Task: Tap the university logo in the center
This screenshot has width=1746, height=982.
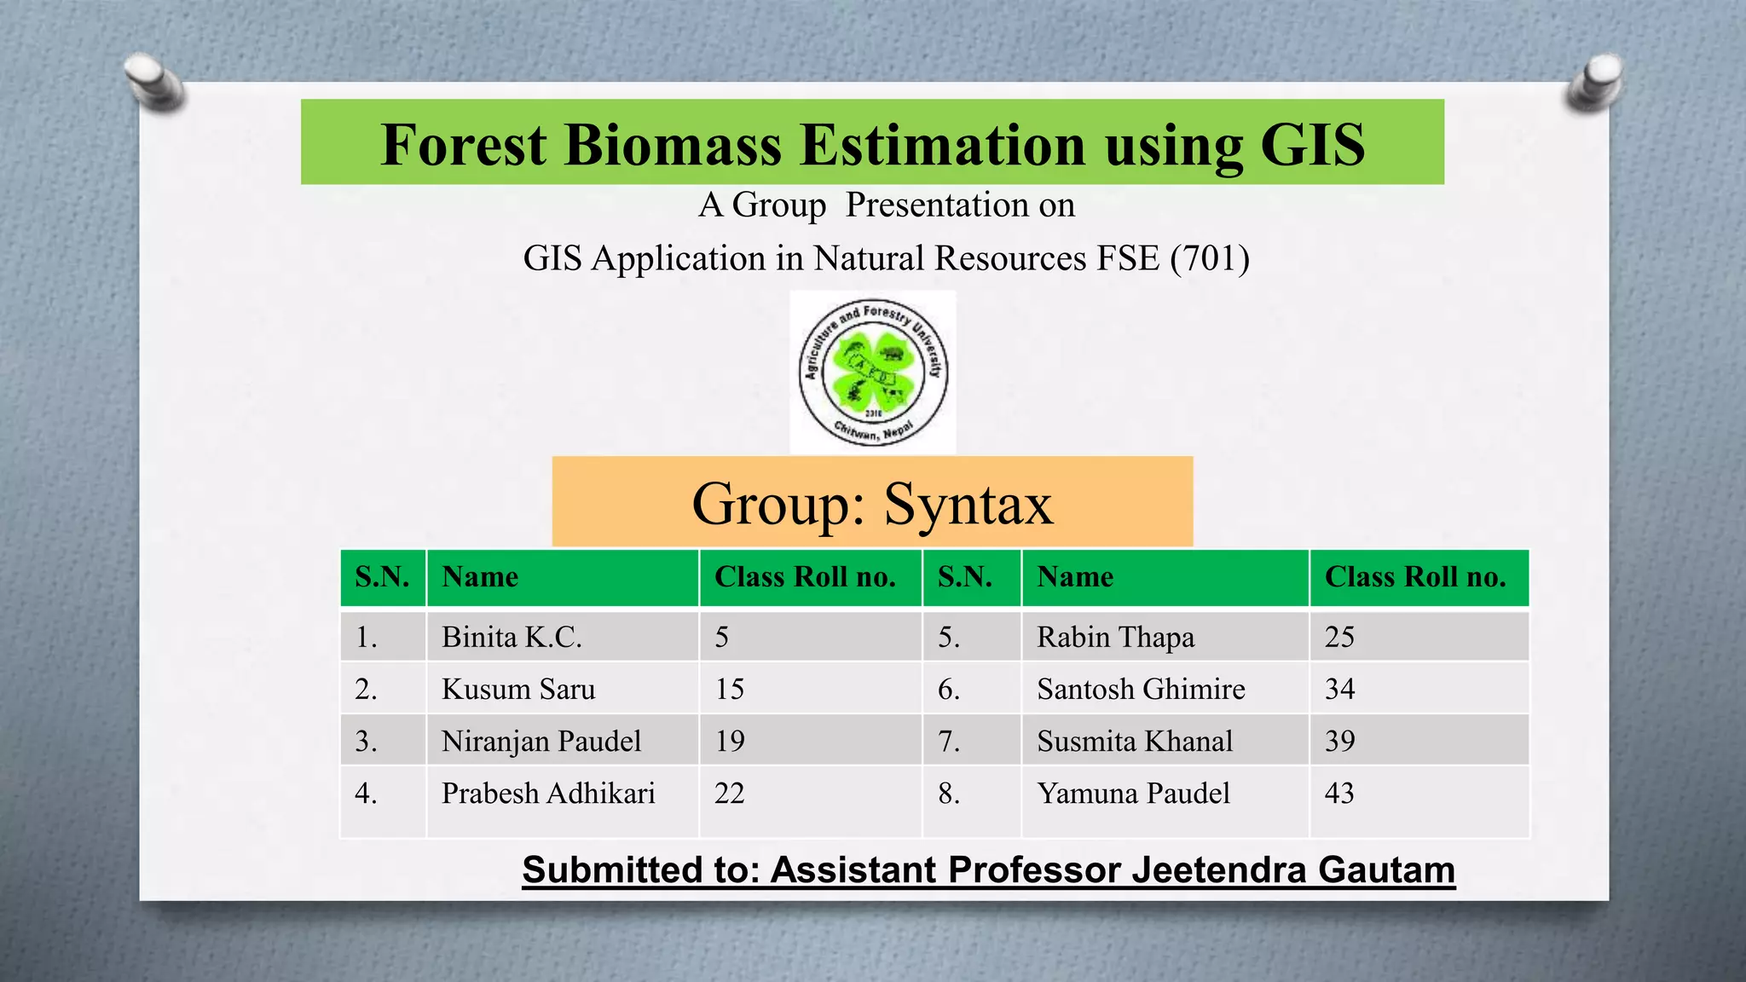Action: click(x=872, y=373)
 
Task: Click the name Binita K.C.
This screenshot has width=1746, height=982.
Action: click(x=512, y=637)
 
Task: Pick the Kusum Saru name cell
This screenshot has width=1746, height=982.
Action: click(x=518, y=689)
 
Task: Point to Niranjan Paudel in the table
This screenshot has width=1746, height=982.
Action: click(x=541, y=741)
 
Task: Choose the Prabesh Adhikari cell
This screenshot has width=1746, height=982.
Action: click(x=548, y=794)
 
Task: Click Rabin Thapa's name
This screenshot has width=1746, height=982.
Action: click(x=1115, y=637)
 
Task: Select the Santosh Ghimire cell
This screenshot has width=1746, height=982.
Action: click(x=1141, y=689)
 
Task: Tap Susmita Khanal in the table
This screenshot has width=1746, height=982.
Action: click(x=1135, y=741)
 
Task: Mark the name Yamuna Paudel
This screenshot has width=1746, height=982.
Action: click(x=1133, y=794)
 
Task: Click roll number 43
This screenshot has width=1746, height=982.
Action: click(x=1339, y=794)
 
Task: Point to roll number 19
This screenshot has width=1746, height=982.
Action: click(x=730, y=741)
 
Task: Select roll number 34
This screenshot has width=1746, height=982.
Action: click(x=1339, y=689)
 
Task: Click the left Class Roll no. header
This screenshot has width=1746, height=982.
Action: click(x=805, y=577)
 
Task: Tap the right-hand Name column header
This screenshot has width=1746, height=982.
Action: click(x=1075, y=577)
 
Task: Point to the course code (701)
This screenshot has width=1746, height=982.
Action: click(x=1210, y=258)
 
